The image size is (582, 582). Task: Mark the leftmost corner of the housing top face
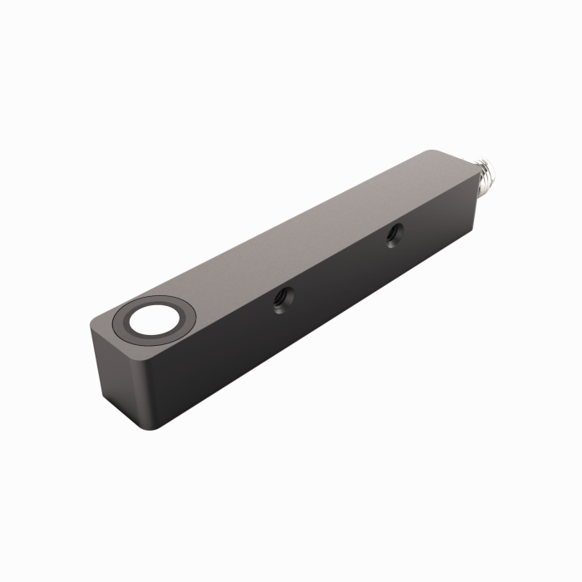(x=90, y=326)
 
